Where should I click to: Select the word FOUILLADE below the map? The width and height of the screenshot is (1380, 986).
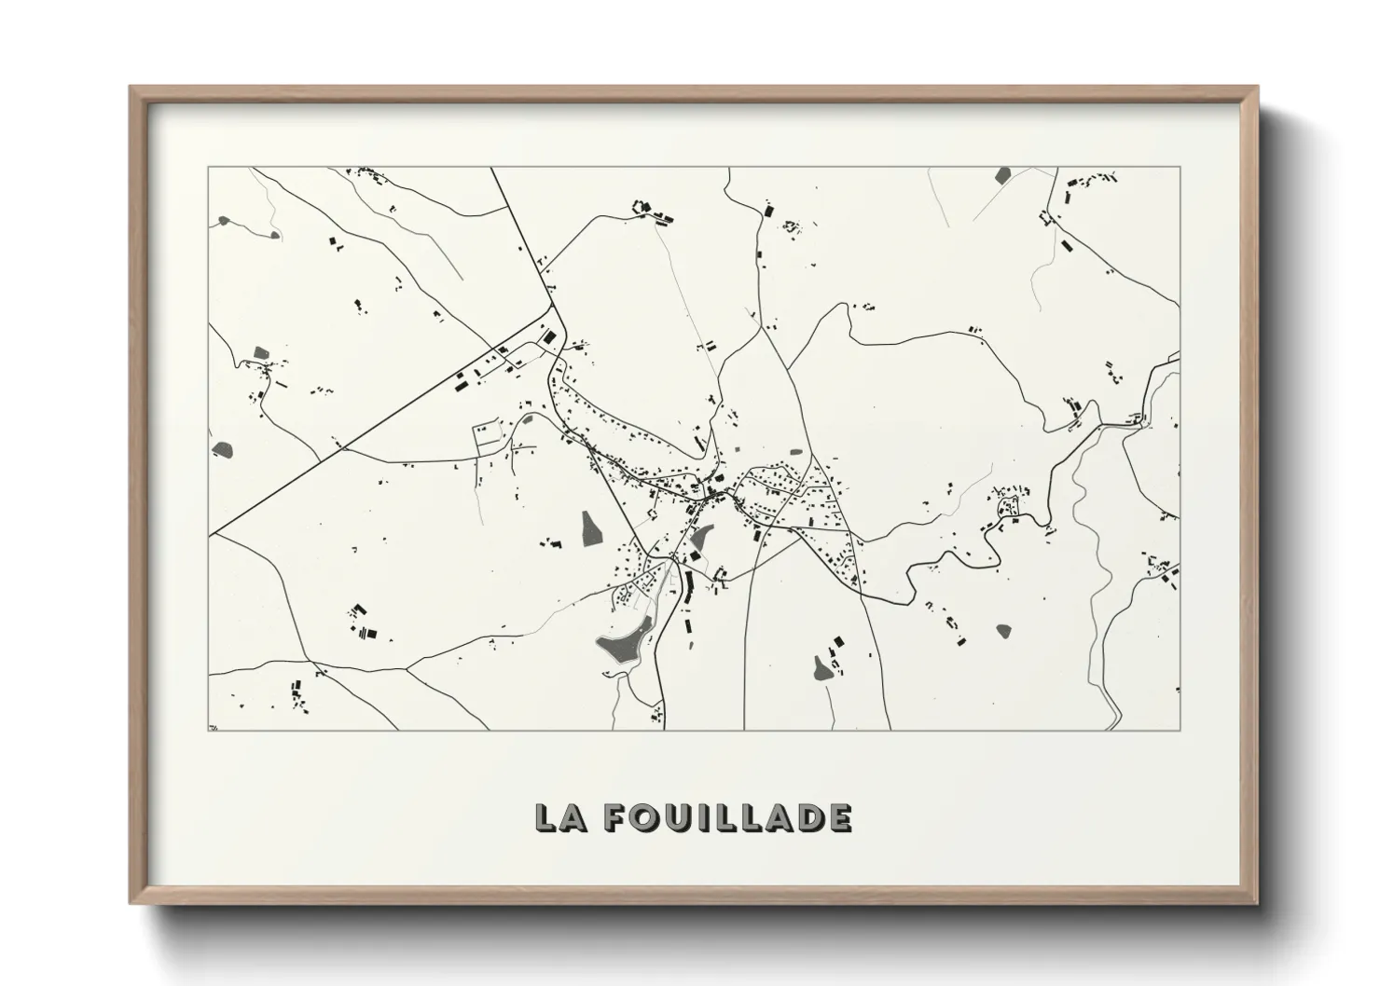(726, 817)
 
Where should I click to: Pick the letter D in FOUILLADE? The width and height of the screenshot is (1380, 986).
(808, 817)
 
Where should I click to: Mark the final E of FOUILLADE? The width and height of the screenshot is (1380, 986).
(838, 817)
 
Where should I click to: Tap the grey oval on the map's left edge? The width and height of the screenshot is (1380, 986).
(224, 449)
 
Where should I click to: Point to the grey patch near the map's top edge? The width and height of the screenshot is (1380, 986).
(1003, 174)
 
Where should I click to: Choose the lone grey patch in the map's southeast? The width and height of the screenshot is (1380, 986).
(1003, 630)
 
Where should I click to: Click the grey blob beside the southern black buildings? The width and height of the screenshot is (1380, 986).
(821, 667)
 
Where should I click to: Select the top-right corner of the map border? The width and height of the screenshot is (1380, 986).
(1180, 167)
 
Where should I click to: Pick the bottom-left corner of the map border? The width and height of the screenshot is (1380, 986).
(208, 730)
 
